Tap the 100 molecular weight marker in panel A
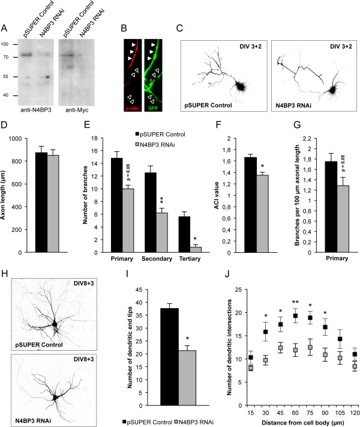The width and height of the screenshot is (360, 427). click(5, 44)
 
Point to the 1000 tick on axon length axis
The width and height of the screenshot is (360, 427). click(17, 139)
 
